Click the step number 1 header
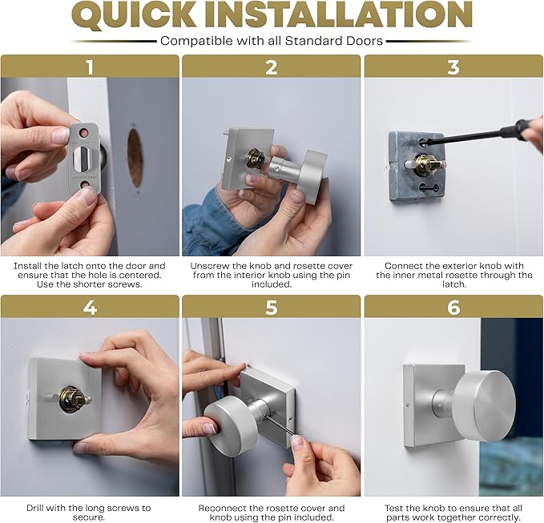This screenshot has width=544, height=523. (x=91, y=67)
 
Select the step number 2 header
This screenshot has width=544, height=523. (x=272, y=67)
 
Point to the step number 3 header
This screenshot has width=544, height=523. (x=453, y=67)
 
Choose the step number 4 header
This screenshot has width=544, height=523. (x=90, y=308)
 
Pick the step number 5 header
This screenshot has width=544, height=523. (x=272, y=308)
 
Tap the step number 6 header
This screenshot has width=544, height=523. (x=453, y=308)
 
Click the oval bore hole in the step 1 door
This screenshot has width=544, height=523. (x=135, y=158)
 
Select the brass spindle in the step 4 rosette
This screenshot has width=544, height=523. (x=71, y=398)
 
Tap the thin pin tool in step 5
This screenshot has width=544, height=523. (x=279, y=425)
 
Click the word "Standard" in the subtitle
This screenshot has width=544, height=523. (x=308, y=42)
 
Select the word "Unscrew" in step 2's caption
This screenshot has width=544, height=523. (x=211, y=266)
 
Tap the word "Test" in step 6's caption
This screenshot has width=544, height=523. (x=395, y=508)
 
